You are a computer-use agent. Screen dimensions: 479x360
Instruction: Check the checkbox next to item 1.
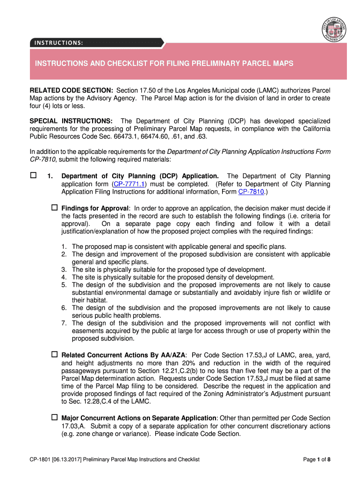[x=33, y=176]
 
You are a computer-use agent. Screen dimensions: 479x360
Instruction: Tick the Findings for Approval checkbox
[x=54, y=207]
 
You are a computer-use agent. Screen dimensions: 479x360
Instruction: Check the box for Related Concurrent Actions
[x=54, y=355]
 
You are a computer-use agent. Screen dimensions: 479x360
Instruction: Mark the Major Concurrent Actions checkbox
[x=54, y=417]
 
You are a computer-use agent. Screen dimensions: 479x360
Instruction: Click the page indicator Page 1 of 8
[x=317, y=459]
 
